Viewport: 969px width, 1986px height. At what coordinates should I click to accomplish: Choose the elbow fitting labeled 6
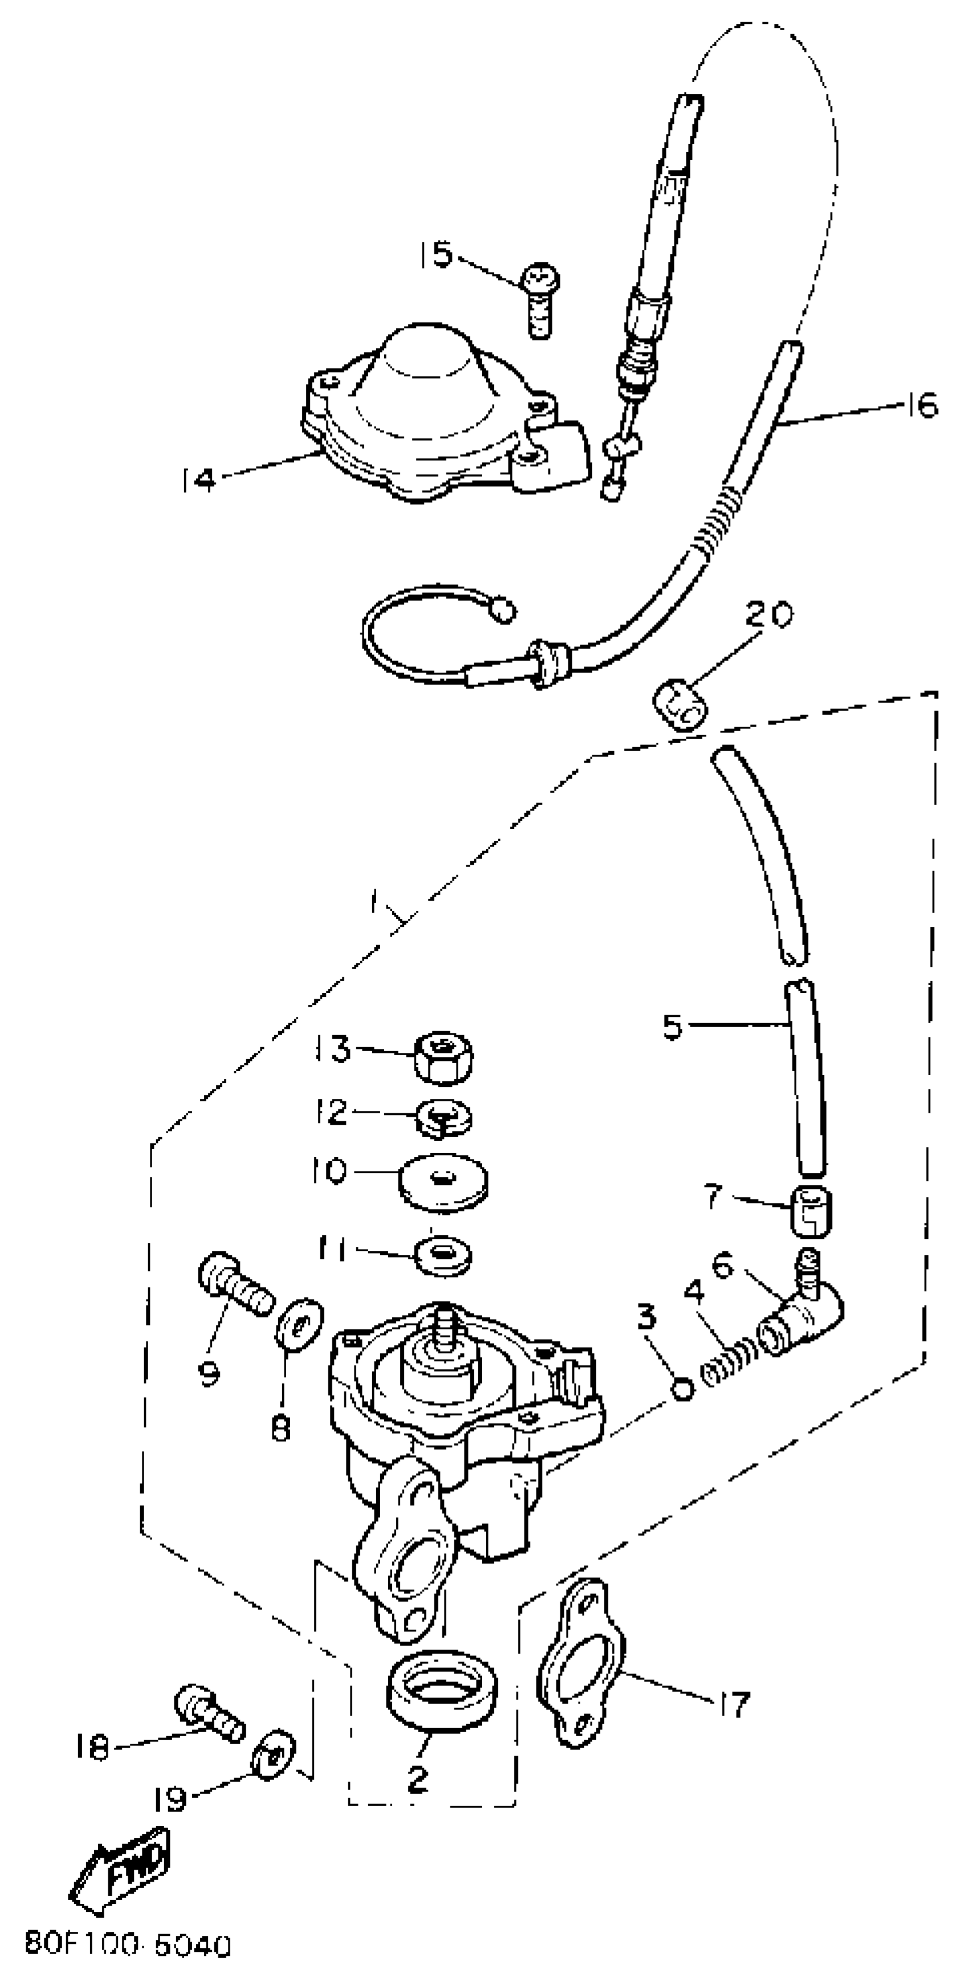click(802, 1323)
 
